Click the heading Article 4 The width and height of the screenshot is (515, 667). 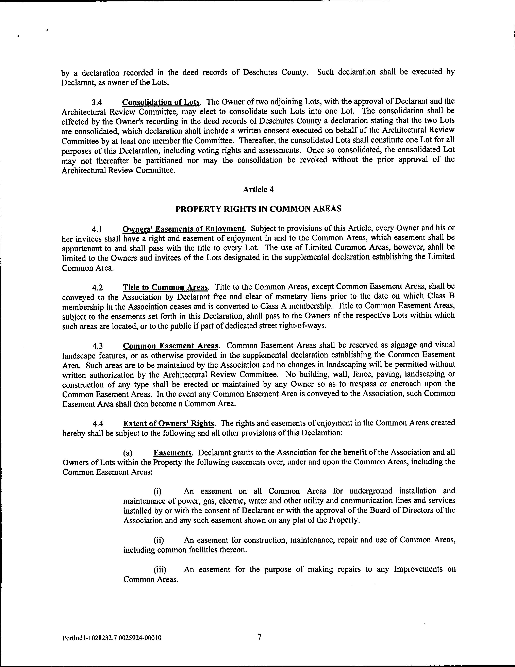[x=258, y=190]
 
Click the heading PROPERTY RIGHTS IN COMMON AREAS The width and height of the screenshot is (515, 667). [x=258, y=209]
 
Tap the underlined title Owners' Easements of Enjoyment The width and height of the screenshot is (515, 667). [x=183, y=229]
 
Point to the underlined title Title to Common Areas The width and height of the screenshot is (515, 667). [x=165, y=287]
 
